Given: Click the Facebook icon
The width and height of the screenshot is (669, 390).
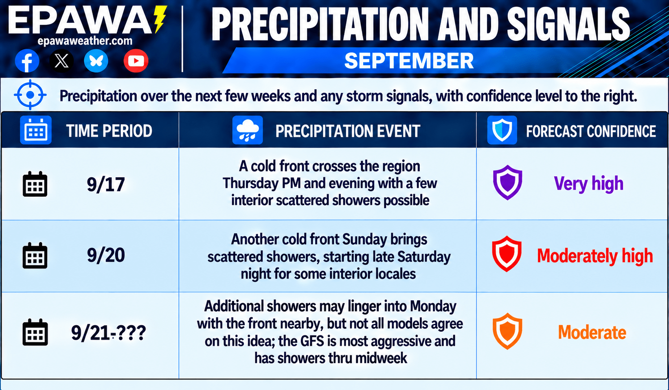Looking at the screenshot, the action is pos(27,61).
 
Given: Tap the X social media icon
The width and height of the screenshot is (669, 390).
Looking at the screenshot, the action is pos(61,61).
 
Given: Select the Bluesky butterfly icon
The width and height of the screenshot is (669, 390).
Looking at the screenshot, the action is pos(96,61).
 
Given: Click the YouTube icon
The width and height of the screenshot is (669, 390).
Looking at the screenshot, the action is pos(136,61).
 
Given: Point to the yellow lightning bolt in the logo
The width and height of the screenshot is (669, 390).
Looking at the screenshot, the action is pos(160,19).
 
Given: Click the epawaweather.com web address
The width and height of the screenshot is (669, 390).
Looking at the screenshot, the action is pos(85,41).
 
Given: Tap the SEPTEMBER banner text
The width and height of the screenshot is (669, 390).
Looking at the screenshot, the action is pos(409,61).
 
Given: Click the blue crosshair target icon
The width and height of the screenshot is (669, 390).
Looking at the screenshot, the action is pos(30,95).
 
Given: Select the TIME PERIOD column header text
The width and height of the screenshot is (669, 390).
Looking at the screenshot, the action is pos(109,131).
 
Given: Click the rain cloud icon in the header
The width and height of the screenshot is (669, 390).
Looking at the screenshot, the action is pos(248,130).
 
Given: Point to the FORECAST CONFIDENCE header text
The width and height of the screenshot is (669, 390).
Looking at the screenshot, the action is pos(591,131).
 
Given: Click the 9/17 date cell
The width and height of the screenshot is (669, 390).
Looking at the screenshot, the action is pos(106,184).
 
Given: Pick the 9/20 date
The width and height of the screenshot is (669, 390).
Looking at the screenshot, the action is pos(106,256).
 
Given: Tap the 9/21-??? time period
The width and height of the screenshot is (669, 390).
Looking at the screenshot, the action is pos(108,333).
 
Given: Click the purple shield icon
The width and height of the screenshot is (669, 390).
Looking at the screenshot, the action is pos(507,182).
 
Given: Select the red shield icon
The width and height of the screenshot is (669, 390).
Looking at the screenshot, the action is pos(507,254).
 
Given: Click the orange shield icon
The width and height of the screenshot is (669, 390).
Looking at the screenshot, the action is pos(507,331).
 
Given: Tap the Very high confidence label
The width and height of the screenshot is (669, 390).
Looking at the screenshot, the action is pos(589,183).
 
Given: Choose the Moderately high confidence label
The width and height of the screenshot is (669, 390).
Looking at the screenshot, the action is pos(595,256).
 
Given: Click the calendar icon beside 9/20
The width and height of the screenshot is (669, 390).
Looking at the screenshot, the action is pos(35,256).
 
